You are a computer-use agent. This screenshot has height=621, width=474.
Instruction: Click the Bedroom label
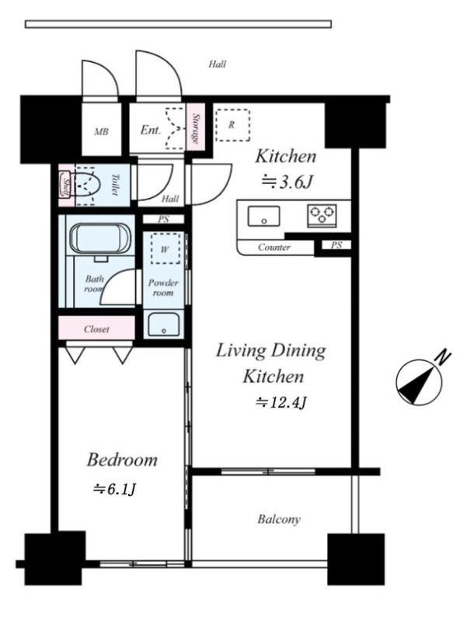click(122, 460)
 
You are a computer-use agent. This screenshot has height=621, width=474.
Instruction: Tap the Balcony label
click(279, 519)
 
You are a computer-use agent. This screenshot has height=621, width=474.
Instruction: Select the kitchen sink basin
click(263, 217)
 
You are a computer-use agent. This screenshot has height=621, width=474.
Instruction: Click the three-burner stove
click(322, 216)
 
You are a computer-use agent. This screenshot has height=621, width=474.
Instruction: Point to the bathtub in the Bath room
click(100, 239)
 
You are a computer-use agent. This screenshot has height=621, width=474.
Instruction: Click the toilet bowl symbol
click(87, 186)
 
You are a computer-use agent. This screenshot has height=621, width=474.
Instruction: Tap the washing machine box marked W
click(165, 249)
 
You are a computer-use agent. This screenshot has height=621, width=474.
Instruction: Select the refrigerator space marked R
click(232, 125)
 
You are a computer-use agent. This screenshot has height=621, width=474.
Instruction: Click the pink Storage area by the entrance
click(195, 127)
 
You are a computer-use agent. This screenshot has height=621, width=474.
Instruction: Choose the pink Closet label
click(96, 329)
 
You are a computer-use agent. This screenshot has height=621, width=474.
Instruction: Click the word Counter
click(274, 248)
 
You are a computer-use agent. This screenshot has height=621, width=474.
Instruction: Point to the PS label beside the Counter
click(336, 245)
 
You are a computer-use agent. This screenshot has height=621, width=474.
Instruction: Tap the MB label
click(102, 131)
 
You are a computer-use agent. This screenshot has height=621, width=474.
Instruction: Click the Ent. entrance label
click(151, 130)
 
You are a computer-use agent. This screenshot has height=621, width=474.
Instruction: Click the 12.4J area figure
click(281, 403)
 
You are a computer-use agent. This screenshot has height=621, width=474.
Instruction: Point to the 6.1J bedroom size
click(114, 490)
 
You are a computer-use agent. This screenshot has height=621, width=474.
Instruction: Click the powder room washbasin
click(163, 324)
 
